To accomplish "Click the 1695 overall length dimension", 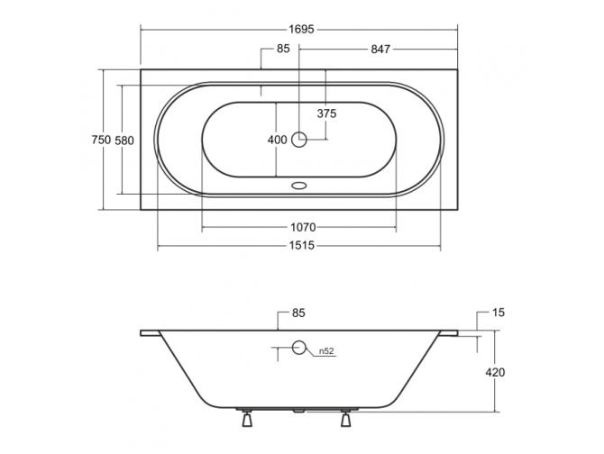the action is (302, 29).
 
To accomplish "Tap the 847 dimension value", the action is (380, 50).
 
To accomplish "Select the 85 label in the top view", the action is (283, 49).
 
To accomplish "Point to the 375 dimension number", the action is (326, 113).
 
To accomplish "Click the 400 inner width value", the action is (278, 140).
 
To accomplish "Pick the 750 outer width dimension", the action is (101, 140).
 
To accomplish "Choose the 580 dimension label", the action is (124, 141).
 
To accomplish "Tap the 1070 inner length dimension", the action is (303, 227).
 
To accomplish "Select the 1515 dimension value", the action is (302, 245).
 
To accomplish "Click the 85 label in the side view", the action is (298, 313).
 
